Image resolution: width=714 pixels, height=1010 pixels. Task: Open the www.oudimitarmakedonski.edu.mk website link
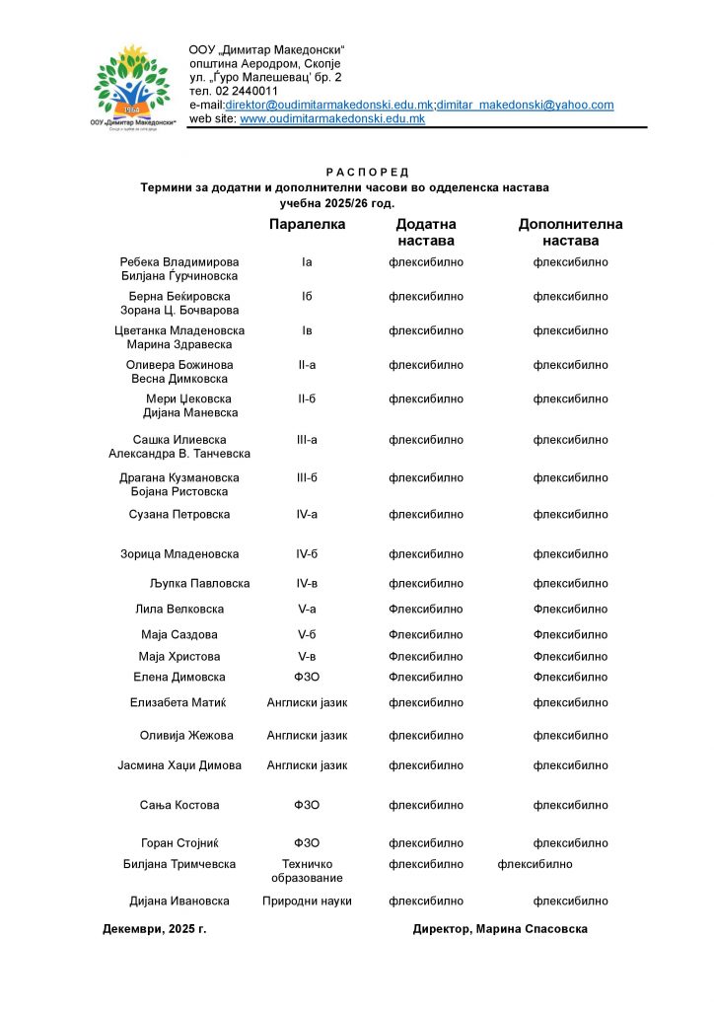pyautogui.click(x=332, y=118)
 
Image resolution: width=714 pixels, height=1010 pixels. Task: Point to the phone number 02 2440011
pyautogui.click(x=247, y=91)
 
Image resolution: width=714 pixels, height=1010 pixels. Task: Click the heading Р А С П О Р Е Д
pyautogui.click(x=367, y=173)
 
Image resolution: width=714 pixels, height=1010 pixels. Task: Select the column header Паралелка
pyautogui.click(x=307, y=225)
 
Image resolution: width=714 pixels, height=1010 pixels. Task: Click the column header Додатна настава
pyautogui.click(x=426, y=233)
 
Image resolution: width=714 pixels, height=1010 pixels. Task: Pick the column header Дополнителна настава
pyautogui.click(x=570, y=233)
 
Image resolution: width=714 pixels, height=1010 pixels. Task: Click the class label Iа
pyautogui.click(x=307, y=262)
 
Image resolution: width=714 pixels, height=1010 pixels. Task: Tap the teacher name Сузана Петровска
pyautogui.click(x=179, y=515)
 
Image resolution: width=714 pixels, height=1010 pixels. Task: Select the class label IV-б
pyautogui.click(x=307, y=554)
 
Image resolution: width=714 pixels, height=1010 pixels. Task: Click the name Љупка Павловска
pyautogui.click(x=200, y=584)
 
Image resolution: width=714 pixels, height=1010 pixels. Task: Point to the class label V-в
pyautogui.click(x=307, y=657)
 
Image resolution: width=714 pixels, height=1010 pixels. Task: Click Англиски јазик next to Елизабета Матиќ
pyautogui.click(x=307, y=703)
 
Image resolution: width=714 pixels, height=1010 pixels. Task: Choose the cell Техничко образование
pyautogui.click(x=307, y=871)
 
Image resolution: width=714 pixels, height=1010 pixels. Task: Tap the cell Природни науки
pyautogui.click(x=307, y=902)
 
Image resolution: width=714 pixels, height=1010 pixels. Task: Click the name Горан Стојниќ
pyautogui.click(x=179, y=843)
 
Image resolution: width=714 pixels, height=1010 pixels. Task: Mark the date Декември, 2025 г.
pyautogui.click(x=155, y=929)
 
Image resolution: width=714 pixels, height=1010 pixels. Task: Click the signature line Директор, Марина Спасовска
pyautogui.click(x=500, y=929)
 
